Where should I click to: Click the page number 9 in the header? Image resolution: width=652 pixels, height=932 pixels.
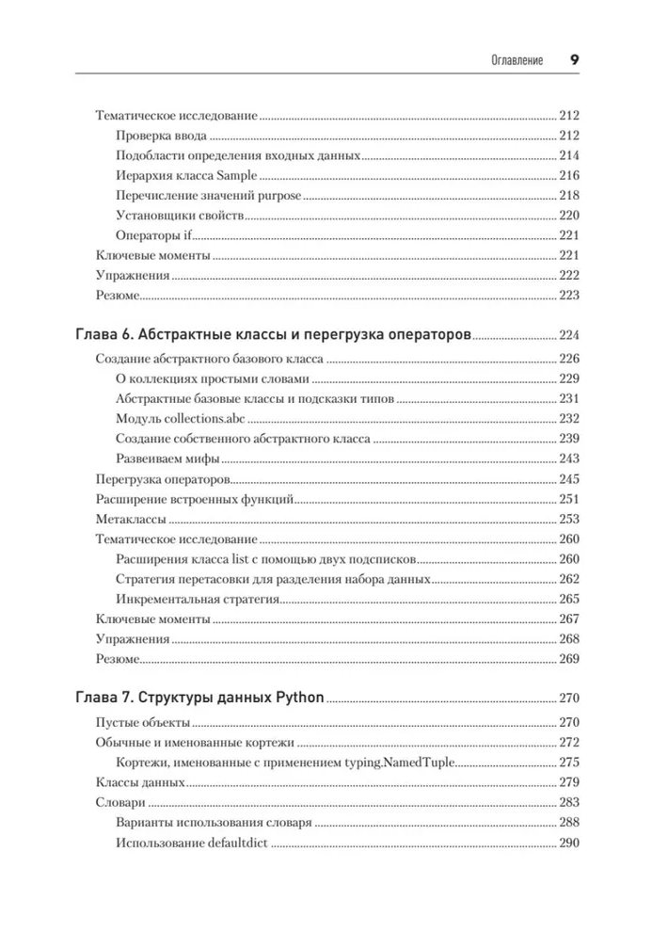pos(573,59)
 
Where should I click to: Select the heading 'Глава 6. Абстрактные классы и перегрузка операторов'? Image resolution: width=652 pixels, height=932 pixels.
pos(271,335)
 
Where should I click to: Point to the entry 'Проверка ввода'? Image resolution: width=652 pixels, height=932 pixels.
pos(162,137)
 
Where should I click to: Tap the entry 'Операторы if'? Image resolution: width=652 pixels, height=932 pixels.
pos(154,235)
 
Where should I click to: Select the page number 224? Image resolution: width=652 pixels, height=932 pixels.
pos(569,336)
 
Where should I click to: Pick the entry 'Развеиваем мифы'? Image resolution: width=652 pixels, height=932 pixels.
pos(167,458)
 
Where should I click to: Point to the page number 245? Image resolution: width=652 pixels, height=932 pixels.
pos(569,479)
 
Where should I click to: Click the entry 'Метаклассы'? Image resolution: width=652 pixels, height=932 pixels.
pos(132,519)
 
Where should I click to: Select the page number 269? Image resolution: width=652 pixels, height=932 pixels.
pos(569,659)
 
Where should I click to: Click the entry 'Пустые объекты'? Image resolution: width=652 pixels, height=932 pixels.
pos(143,722)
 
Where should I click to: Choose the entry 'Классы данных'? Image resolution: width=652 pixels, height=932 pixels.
pos(140,782)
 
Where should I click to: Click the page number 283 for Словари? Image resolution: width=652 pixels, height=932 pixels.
pos(569,803)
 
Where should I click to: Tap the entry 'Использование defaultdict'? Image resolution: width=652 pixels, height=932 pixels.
pos(192,843)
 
